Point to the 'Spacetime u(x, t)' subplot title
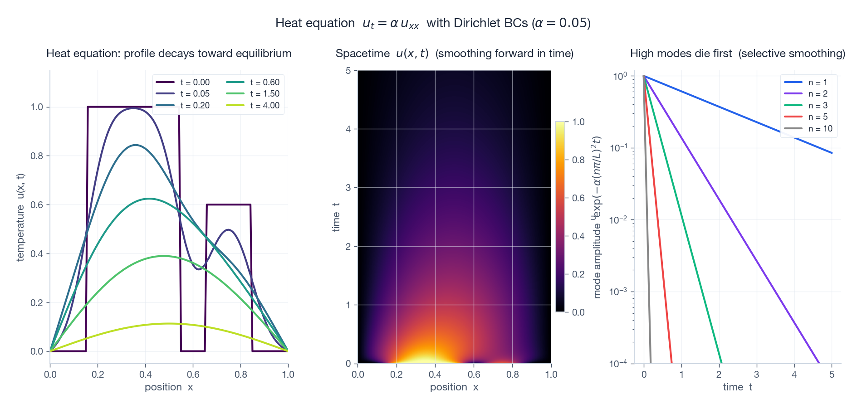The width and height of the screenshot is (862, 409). pyautogui.click(x=454, y=54)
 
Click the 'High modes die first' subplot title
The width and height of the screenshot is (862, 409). pyautogui.click(x=737, y=54)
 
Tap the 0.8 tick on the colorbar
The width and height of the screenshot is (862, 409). pyautogui.click(x=578, y=160)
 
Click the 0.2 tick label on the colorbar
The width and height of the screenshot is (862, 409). pyautogui.click(x=578, y=274)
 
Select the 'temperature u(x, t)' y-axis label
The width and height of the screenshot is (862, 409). pyautogui.click(x=20, y=218)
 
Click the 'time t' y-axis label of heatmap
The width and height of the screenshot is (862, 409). pyautogui.click(x=336, y=217)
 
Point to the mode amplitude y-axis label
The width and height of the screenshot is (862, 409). pyautogui.click(x=597, y=217)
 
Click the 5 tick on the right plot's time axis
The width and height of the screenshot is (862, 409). pyautogui.click(x=832, y=375)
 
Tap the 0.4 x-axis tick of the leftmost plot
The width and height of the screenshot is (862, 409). pyautogui.click(x=145, y=375)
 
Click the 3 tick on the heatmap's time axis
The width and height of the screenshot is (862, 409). pyautogui.click(x=348, y=188)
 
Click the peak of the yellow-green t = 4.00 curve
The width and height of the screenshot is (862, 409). pyautogui.click(x=169, y=323)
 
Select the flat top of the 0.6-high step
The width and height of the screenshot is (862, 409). pyautogui.click(x=229, y=205)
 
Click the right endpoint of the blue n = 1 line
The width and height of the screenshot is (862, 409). pyautogui.click(x=832, y=153)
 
